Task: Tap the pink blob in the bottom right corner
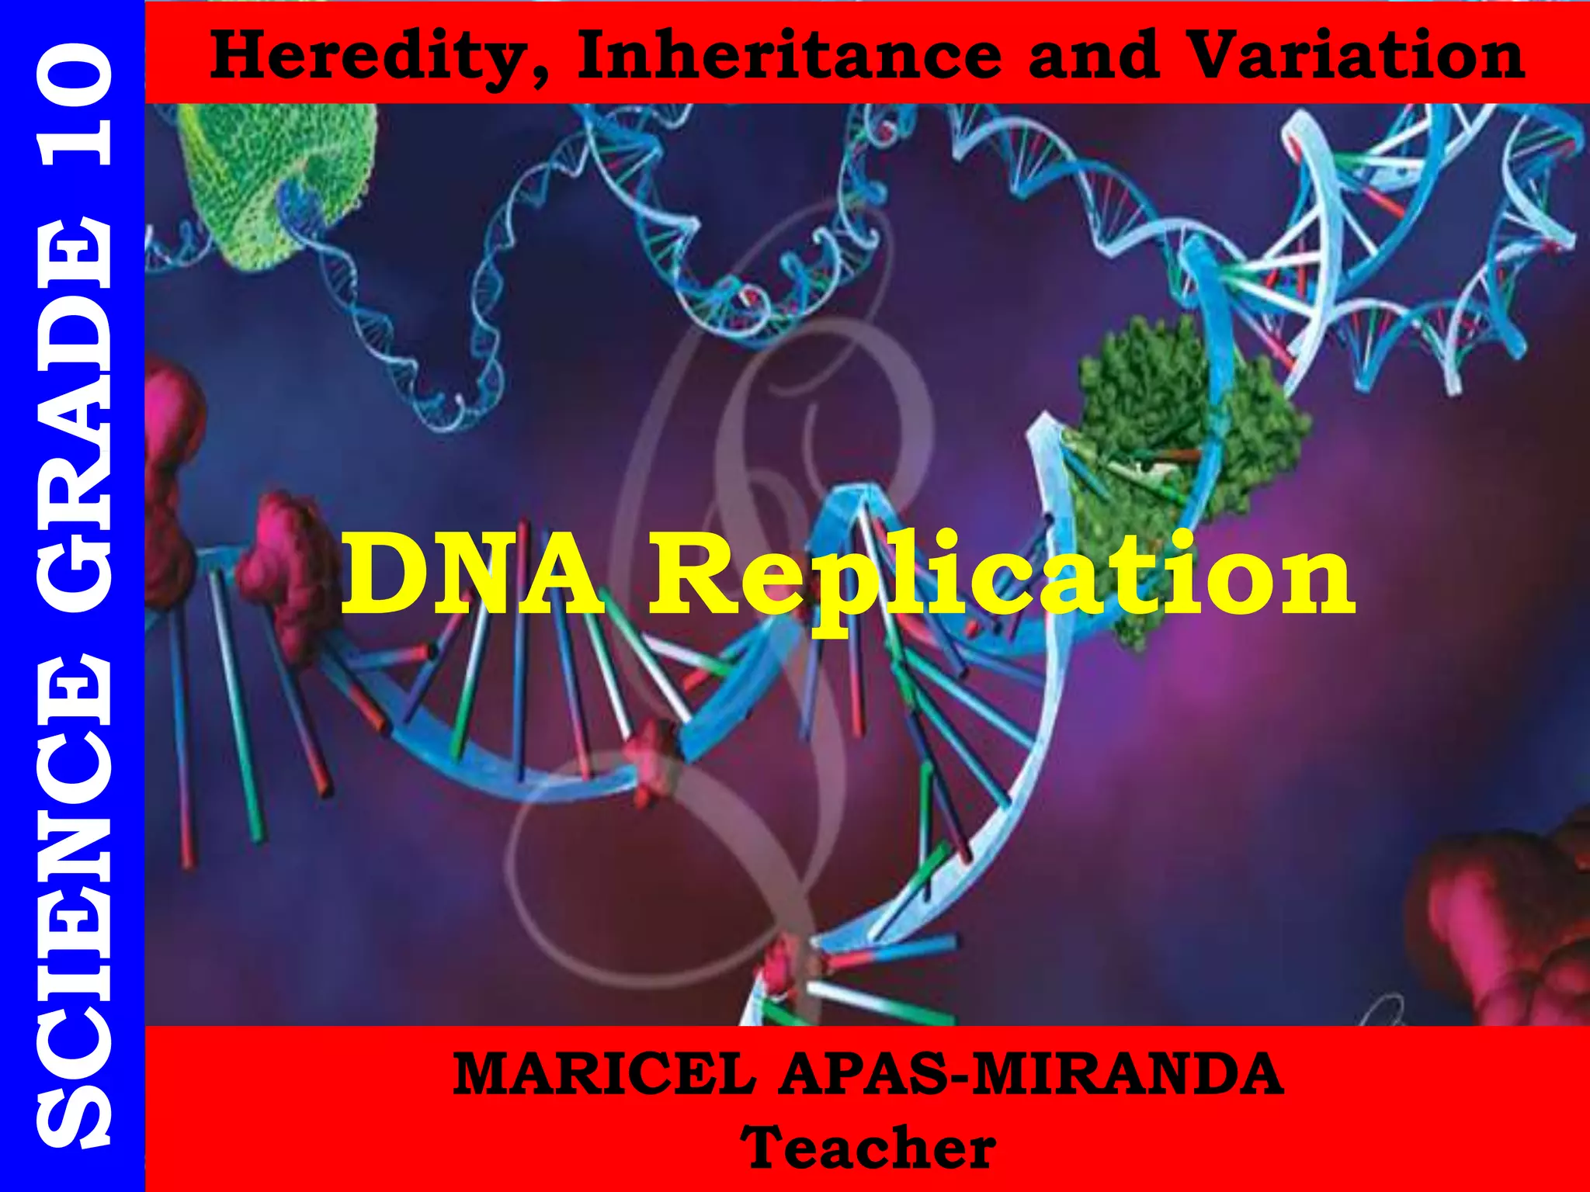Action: tap(1506, 923)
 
